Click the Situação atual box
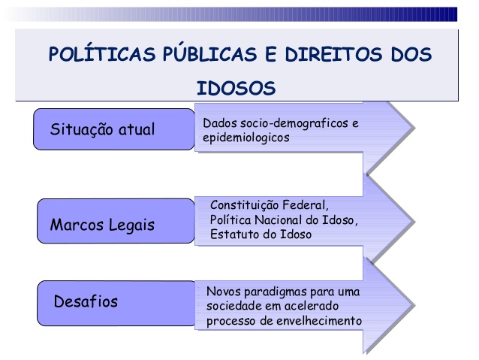click(x=113, y=129)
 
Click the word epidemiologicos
click(x=246, y=138)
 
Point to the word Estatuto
click(x=234, y=234)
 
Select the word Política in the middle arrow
click(x=228, y=219)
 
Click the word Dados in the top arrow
click(x=217, y=123)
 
